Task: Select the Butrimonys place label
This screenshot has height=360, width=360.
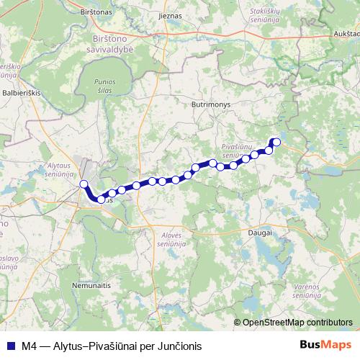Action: coord(210,104)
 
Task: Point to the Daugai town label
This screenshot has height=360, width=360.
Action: coord(258,233)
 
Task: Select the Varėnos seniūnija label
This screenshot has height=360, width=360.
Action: coord(307,292)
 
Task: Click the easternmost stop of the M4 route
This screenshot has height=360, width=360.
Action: coord(276,142)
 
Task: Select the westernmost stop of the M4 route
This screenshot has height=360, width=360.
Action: coord(84,184)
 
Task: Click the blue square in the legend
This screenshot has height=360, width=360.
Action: coord(10,344)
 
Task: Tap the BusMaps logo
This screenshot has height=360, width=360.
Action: coord(326,344)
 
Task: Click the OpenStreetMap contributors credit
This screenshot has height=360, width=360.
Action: coord(297,323)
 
